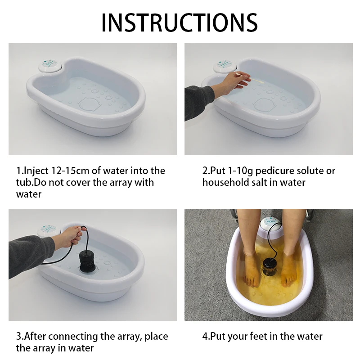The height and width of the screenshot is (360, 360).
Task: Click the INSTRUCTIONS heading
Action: (179, 22)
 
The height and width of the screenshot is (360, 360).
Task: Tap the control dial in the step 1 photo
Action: (50, 65)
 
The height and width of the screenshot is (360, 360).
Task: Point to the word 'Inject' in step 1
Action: (36, 171)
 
